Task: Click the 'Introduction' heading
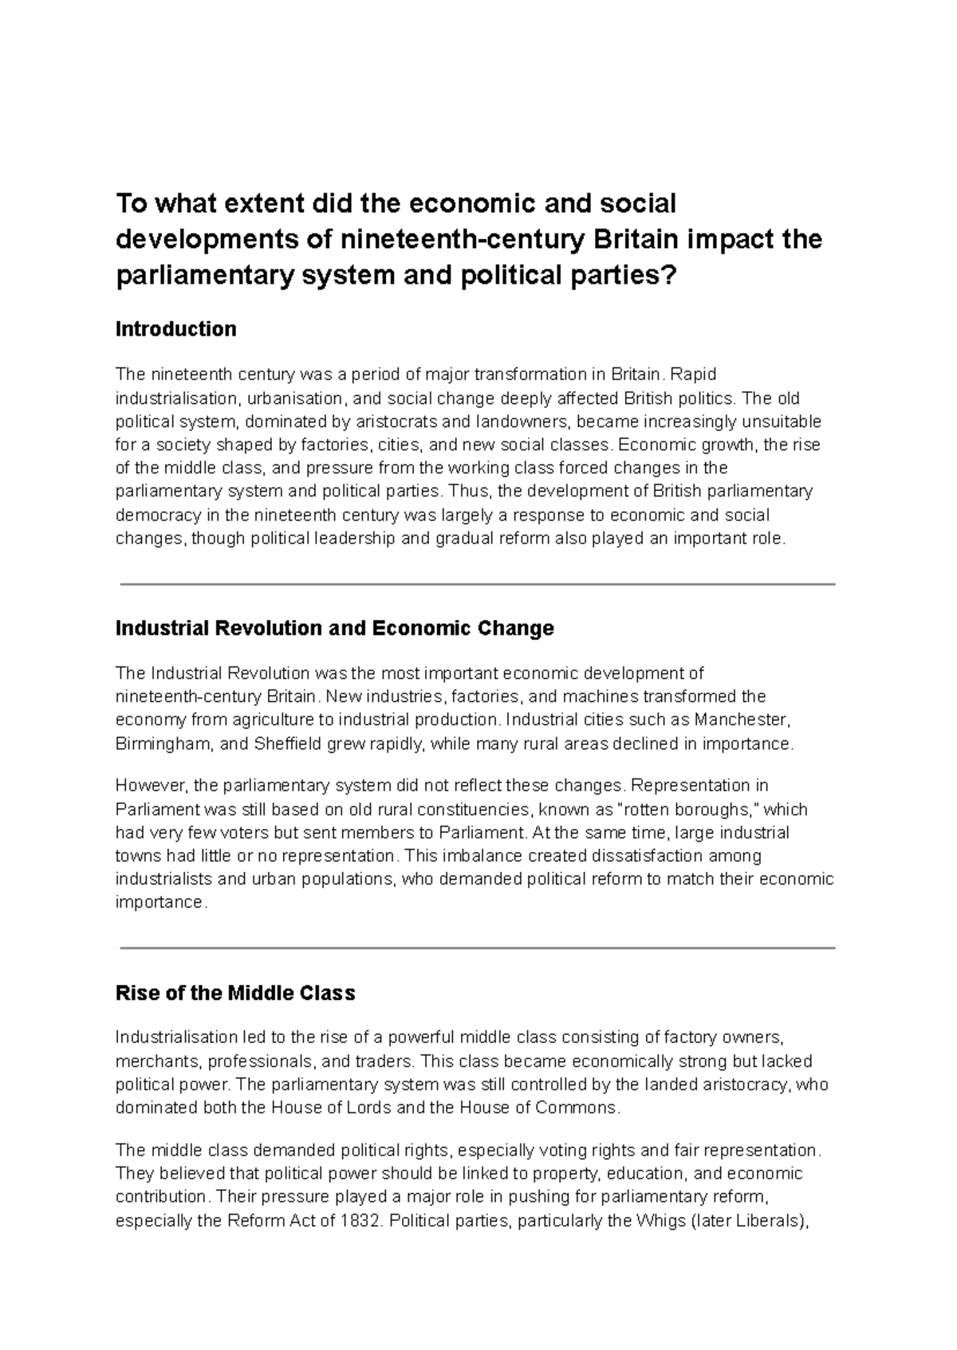click(175, 329)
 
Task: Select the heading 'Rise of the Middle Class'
click(235, 993)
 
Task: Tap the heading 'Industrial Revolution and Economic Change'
click(334, 628)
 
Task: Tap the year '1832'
click(357, 1221)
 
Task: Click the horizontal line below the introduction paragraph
click(477, 584)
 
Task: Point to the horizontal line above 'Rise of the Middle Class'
click(477, 948)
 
